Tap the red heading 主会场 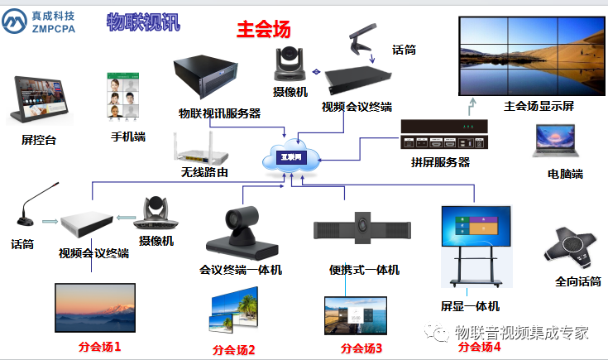(x=264, y=30)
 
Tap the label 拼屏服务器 (x=440, y=161)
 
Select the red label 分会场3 (x=361, y=348)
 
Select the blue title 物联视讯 (x=142, y=22)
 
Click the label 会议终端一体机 (x=241, y=270)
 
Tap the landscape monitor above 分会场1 (x=94, y=307)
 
